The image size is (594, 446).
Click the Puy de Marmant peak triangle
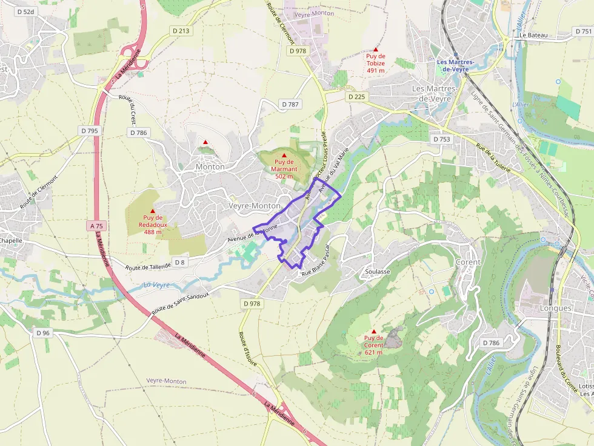pyautogui.click(x=284, y=156)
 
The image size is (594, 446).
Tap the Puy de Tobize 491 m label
pyautogui.click(x=376, y=63)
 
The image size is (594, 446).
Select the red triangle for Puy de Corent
pyautogui.click(x=373, y=331)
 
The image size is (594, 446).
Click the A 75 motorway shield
pyautogui.click(x=97, y=226)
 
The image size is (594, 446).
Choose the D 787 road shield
pyautogui.click(x=291, y=105)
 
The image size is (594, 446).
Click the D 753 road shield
pyautogui.click(x=442, y=139)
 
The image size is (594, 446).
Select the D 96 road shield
pyautogui.click(x=42, y=333)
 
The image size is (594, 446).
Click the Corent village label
pyautogui.click(x=468, y=262)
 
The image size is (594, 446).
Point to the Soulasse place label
pyautogui.click(x=378, y=272)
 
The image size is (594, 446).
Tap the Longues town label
pyautogui.click(x=555, y=308)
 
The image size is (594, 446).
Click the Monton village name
pyautogui.click(x=210, y=166)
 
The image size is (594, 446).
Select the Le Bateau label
pyautogui.click(x=533, y=35)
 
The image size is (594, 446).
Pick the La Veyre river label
pyautogui.click(x=157, y=284)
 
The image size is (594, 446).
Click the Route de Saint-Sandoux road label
pyautogui.click(x=180, y=301)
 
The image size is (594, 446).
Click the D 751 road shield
pyautogui.click(x=583, y=31)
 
